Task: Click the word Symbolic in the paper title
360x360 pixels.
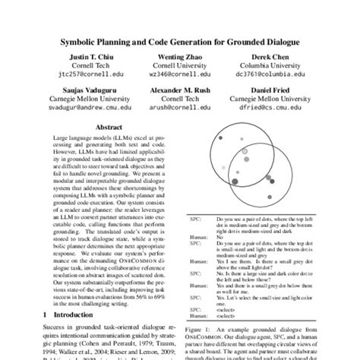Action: (82, 42)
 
